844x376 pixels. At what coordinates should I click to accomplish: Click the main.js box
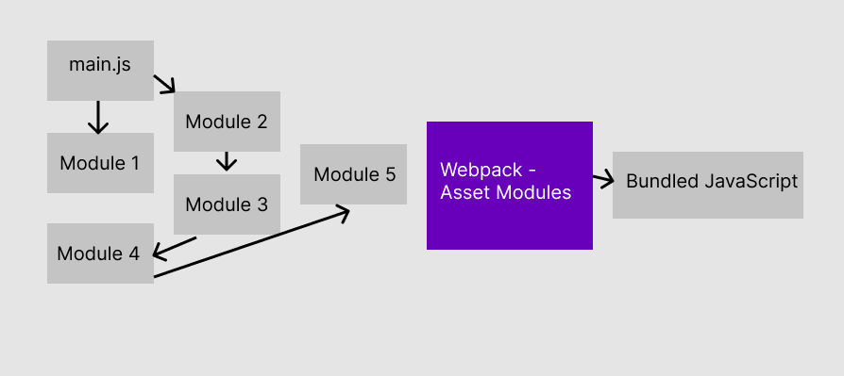[100, 70]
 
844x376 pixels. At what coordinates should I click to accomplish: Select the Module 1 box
[100, 163]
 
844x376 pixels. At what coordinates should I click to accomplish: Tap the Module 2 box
[227, 122]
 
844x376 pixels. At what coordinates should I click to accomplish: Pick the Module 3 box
[227, 204]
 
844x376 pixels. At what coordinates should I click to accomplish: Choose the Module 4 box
[99, 253]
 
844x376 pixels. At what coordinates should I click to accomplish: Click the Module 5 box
[354, 174]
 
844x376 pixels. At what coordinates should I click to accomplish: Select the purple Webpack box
[509, 186]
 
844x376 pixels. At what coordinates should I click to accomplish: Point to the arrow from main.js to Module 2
[165, 85]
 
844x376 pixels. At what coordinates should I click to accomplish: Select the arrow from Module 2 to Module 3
[226, 161]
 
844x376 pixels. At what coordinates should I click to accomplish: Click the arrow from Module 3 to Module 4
[174, 247]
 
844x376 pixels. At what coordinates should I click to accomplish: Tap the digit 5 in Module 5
[390, 174]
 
